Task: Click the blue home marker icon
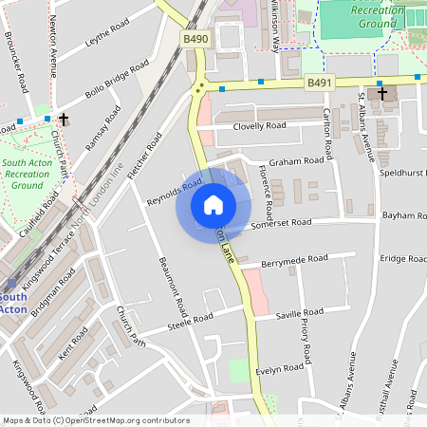213,205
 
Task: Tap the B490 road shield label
195,39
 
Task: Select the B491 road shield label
319,84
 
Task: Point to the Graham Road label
297,161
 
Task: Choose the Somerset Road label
282,223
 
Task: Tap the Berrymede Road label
295,258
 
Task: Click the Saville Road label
300,312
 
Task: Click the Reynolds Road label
175,191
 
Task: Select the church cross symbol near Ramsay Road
64,120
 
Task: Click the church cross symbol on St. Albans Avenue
381,94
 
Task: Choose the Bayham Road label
404,216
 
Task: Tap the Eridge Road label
403,258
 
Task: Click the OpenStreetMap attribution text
96,419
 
